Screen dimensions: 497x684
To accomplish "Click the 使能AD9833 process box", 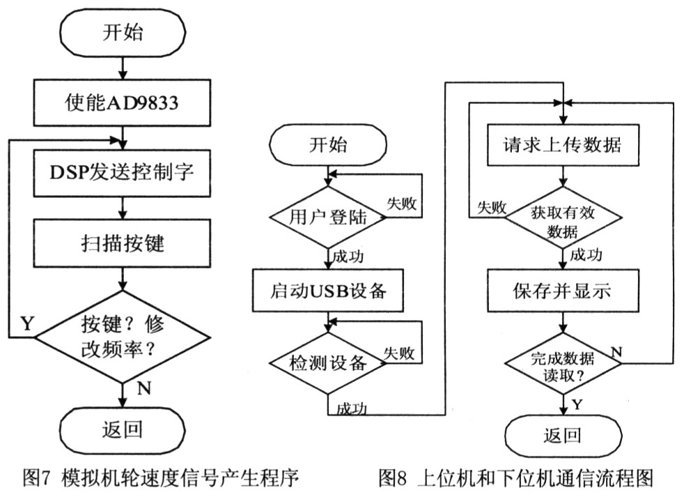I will tap(122, 105).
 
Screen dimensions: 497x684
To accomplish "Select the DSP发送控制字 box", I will tap(122, 174).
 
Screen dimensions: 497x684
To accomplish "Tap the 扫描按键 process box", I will tap(122, 245).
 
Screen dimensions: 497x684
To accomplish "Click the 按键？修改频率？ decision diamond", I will tap(122, 337).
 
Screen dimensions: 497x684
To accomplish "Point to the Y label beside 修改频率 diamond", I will tap(27, 324).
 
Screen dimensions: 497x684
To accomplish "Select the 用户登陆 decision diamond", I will tap(327, 218).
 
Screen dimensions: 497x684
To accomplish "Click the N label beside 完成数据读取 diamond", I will tap(616, 349).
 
